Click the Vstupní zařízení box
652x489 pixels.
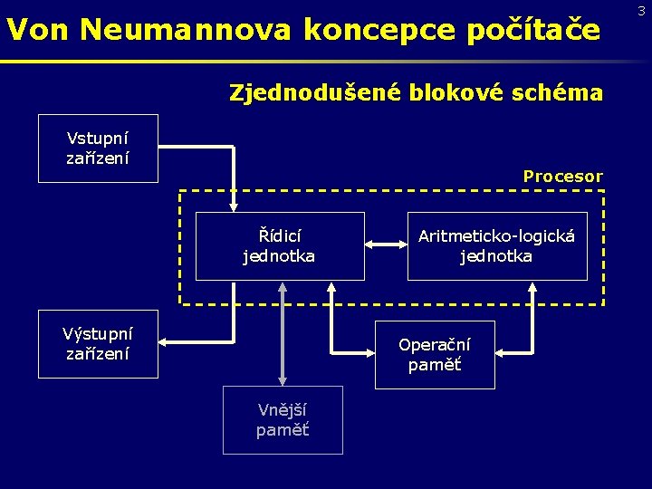pos(98,149)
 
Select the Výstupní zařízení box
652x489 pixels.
pos(98,343)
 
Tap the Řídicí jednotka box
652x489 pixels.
pos(279,245)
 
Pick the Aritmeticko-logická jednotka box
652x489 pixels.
pos(496,245)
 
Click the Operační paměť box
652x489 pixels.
pos(435,354)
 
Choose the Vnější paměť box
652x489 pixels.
pos(283,419)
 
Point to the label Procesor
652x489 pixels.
pos(562,177)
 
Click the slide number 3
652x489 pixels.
pos(641,11)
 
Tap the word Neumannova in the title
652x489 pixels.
pos(186,31)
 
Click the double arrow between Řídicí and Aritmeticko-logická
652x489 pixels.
pos(386,243)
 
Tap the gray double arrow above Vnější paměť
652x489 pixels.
pos(283,333)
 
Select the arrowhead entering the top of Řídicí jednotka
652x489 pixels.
pos(234,206)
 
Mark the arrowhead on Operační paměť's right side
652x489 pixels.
pos(502,350)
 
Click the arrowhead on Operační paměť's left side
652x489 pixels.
pos(369,350)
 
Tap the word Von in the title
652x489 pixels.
pos(39,31)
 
